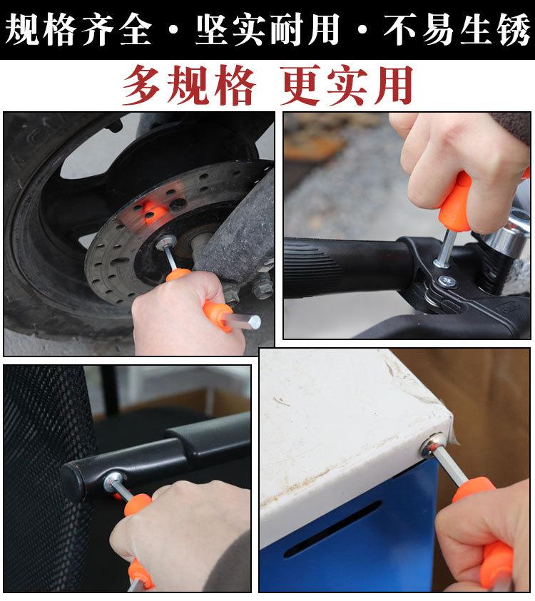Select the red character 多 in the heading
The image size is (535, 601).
pyautogui.click(x=141, y=85)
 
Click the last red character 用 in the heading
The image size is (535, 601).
pyautogui.click(x=394, y=85)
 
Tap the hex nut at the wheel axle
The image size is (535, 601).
pyautogui.click(x=165, y=242)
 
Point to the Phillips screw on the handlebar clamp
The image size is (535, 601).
pyautogui.click(x=447, y=282)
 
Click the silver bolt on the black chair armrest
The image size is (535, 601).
pyautogui.click(x=114, y=482)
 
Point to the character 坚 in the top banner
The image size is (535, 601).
pyautogui.click(x=213, y=29)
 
